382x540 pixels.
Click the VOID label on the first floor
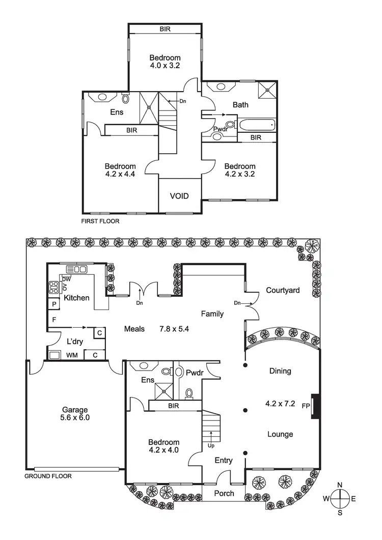pos(179,196)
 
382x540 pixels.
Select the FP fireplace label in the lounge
pos(306,406)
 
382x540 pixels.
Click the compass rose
pos(340,498)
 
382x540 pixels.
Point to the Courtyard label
pos(283,290)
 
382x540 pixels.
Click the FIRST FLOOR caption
pos(100,221)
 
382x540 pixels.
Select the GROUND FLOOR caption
pos(48,476)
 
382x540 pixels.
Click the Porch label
pos(224,493)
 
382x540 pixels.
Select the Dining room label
pos(280,371)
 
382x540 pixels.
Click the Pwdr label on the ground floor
pos(196,373)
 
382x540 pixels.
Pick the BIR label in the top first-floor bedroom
pos(165,30)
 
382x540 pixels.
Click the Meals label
pos(134,329)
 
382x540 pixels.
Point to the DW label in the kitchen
pos(66,279)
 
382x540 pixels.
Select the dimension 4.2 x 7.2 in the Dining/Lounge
pos(280,404)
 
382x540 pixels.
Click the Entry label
pos(224,461)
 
